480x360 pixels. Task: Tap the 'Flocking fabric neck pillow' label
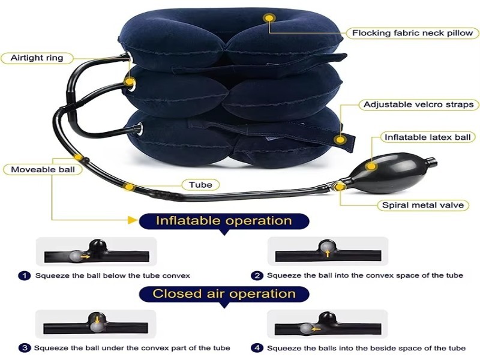click(412, 33)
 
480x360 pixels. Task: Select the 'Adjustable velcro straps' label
click(418, 104)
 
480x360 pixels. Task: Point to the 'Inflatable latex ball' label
click(427, 137)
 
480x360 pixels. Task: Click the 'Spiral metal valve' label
click(422, 205)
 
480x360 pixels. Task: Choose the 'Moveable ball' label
click(43, 170)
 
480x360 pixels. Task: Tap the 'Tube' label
click(200, 185)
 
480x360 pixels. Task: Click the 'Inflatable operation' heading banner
click(224, 221)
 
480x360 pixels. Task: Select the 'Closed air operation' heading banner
click(224, 294)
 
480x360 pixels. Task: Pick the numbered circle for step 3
click(25, 347)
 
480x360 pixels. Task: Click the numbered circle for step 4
click(257, 347)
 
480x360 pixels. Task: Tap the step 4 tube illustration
click(328, 325)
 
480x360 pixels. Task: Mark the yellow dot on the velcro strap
click(340, 140)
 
